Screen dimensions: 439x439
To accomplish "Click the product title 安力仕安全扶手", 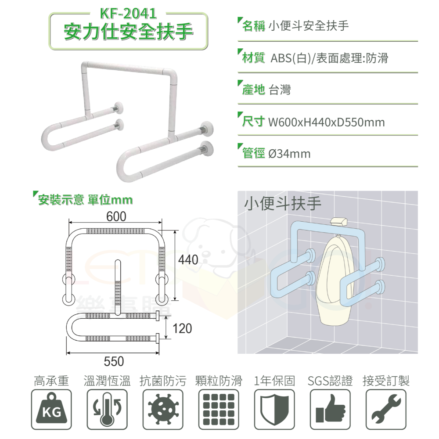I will point(128,32).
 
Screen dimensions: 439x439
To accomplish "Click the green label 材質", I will point(253,58).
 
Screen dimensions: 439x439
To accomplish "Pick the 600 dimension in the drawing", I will point(116,217).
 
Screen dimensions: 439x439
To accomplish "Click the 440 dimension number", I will point(188,260).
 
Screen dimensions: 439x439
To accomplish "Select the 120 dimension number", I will point(182,328).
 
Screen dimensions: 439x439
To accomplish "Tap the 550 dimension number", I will point(114,361).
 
